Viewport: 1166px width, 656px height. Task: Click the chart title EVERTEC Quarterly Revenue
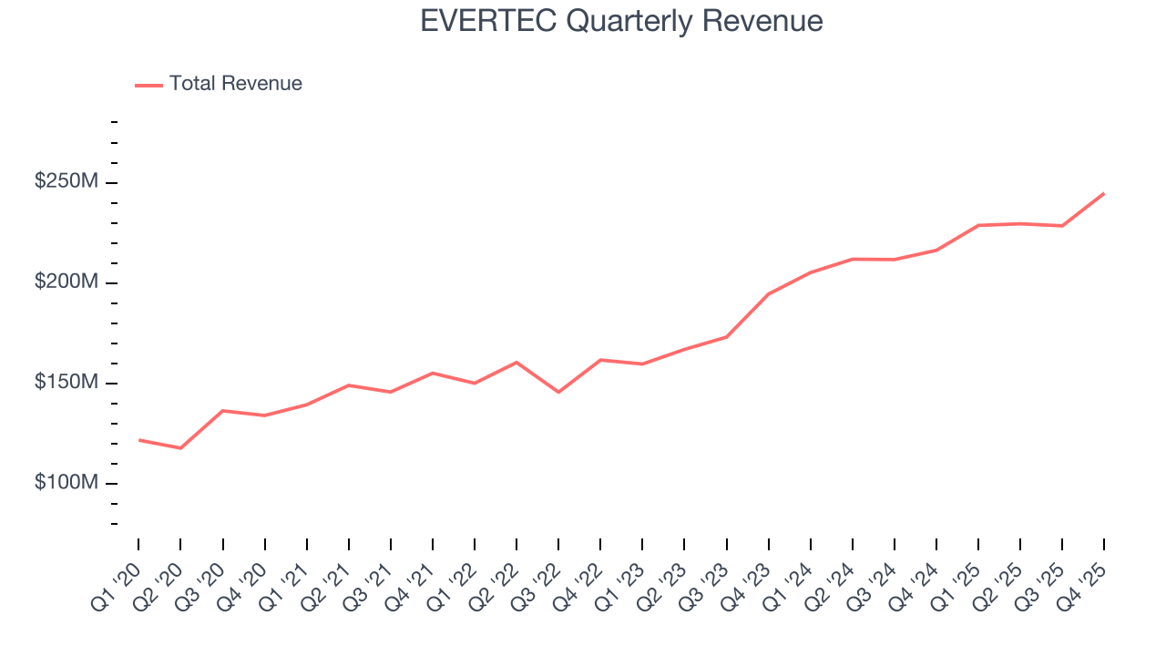621,21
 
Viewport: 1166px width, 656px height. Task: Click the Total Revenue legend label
235,84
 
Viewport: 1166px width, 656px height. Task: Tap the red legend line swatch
148,85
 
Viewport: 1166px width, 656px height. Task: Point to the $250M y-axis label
66,182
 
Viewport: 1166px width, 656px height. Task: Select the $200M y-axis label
66,282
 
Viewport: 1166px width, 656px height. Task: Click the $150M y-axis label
66,383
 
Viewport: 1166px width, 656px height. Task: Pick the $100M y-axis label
66,483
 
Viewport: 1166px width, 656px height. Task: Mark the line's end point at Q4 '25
1104,193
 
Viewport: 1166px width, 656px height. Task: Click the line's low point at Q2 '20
180,448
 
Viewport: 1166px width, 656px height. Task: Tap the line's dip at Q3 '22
558,392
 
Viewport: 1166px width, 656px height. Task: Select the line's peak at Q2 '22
517,363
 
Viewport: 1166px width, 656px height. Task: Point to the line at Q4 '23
768,294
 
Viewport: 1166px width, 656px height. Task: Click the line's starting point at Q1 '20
138,440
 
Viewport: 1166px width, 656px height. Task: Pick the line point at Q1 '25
978,225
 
